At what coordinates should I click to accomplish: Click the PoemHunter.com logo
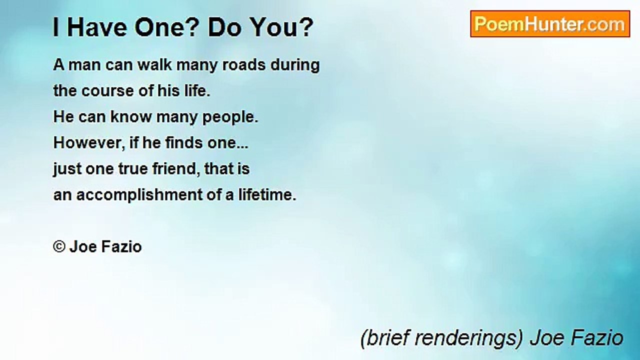[550, 24]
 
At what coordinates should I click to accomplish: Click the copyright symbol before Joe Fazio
[59, 247]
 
